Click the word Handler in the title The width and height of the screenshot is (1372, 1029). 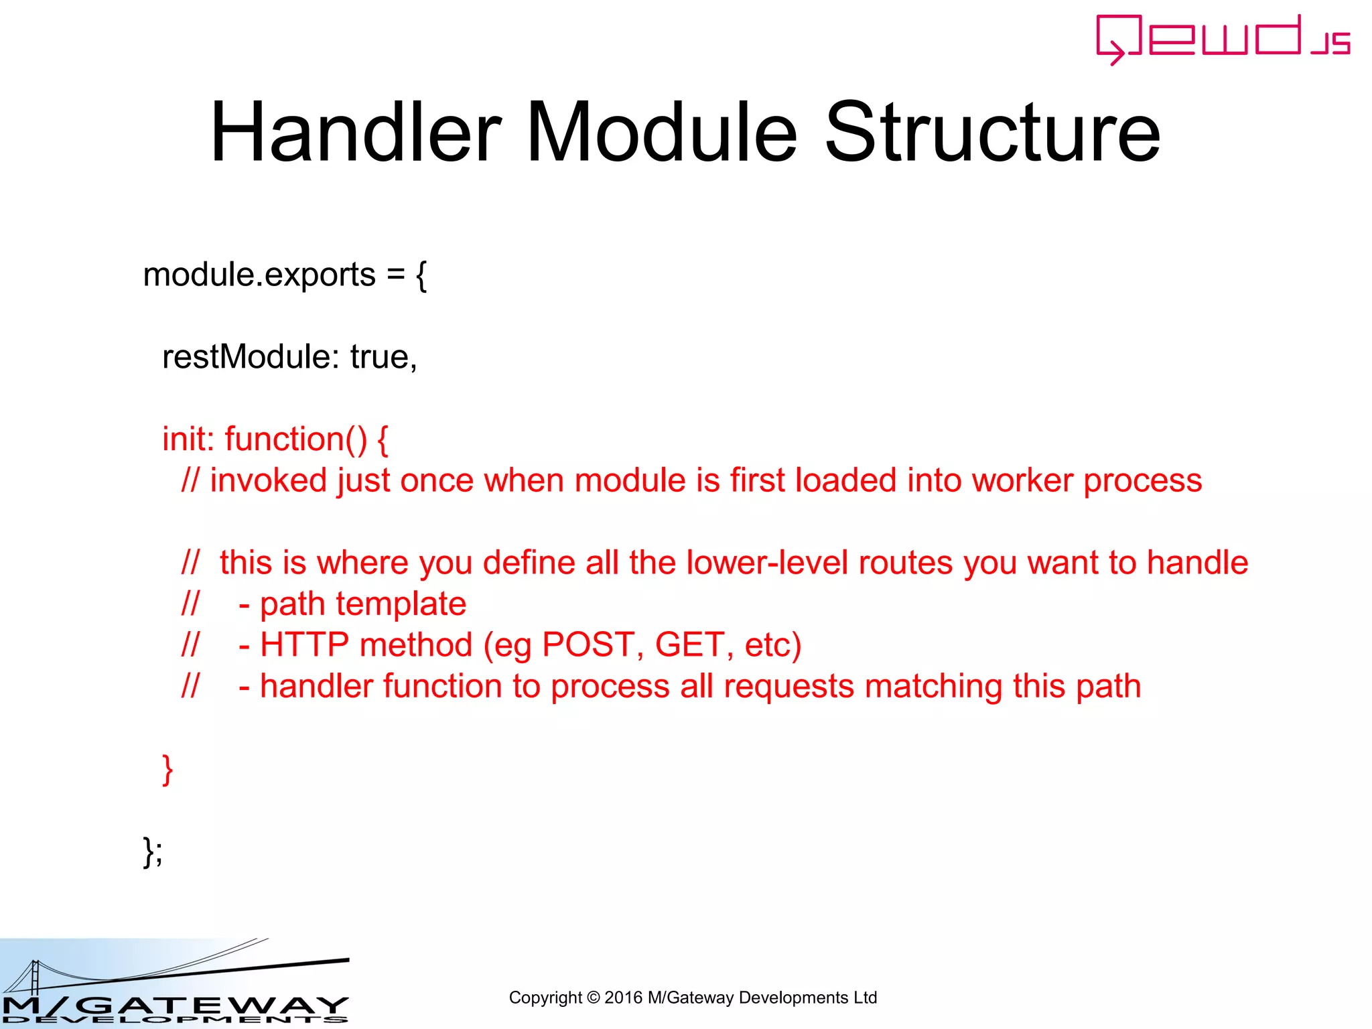point(356,132)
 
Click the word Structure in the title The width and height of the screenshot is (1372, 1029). point(992,132)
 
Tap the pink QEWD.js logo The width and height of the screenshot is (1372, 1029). point(1223,39)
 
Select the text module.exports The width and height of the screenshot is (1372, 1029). point(259,275)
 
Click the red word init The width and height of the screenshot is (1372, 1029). point(188,439)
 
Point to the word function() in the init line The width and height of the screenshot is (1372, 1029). point(295,439)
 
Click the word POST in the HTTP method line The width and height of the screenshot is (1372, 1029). point(588,645)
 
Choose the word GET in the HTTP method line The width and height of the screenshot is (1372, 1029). point(689,645)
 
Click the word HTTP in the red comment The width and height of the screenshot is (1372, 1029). point(304,645)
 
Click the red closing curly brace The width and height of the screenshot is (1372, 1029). point(167,769)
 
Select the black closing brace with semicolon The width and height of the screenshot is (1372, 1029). point(152,851)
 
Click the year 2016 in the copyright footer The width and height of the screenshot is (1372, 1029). point(623,998)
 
